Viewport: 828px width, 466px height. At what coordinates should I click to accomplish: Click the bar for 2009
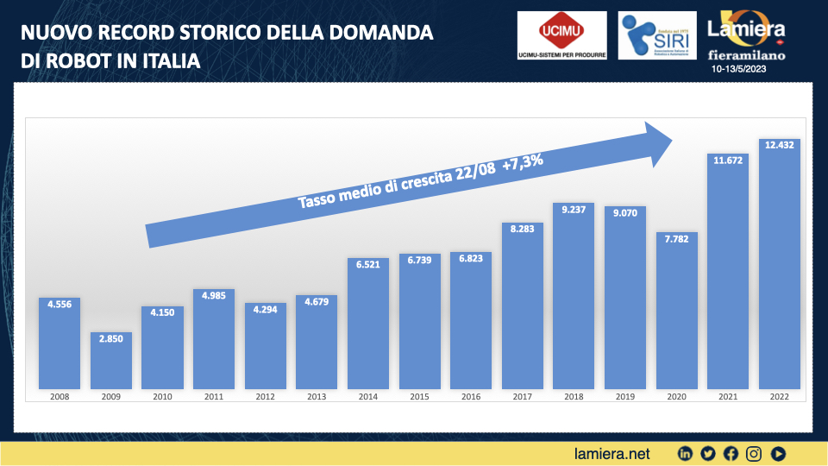(x=111, y=360)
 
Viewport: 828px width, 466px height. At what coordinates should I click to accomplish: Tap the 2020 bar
(x=677, y=311)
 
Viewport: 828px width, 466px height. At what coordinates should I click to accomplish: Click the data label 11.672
(x=728, y=160)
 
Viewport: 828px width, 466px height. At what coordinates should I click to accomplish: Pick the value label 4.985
(x=214, y=296)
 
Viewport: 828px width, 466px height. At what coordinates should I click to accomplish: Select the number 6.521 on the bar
(x=368, y=266)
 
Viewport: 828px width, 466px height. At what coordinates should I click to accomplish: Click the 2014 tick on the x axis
(x=368, y=397)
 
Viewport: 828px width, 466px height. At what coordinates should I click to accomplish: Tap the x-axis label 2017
(x=523, y=397)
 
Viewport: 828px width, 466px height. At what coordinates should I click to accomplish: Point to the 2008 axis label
(x=60, y=397)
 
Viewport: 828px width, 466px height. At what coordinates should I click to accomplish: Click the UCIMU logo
(x=561, y=35)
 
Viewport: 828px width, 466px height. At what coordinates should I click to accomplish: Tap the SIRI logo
(x=652, y=35)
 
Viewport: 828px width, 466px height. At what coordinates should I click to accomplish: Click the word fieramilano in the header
(x=747, y=54)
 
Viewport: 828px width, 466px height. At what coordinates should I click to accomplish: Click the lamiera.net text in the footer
(x=612, y=452)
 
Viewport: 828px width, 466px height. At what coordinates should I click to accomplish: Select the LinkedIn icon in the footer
(x=686, y=453)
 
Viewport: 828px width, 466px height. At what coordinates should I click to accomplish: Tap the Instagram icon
(x=754, y=453)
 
